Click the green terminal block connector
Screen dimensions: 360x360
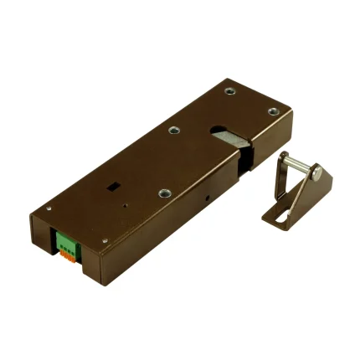click(66, 244)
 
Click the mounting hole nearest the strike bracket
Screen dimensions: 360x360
click(271, 113)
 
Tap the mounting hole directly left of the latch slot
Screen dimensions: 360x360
click(173, 130)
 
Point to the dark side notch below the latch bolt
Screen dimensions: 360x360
click(243, 167)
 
